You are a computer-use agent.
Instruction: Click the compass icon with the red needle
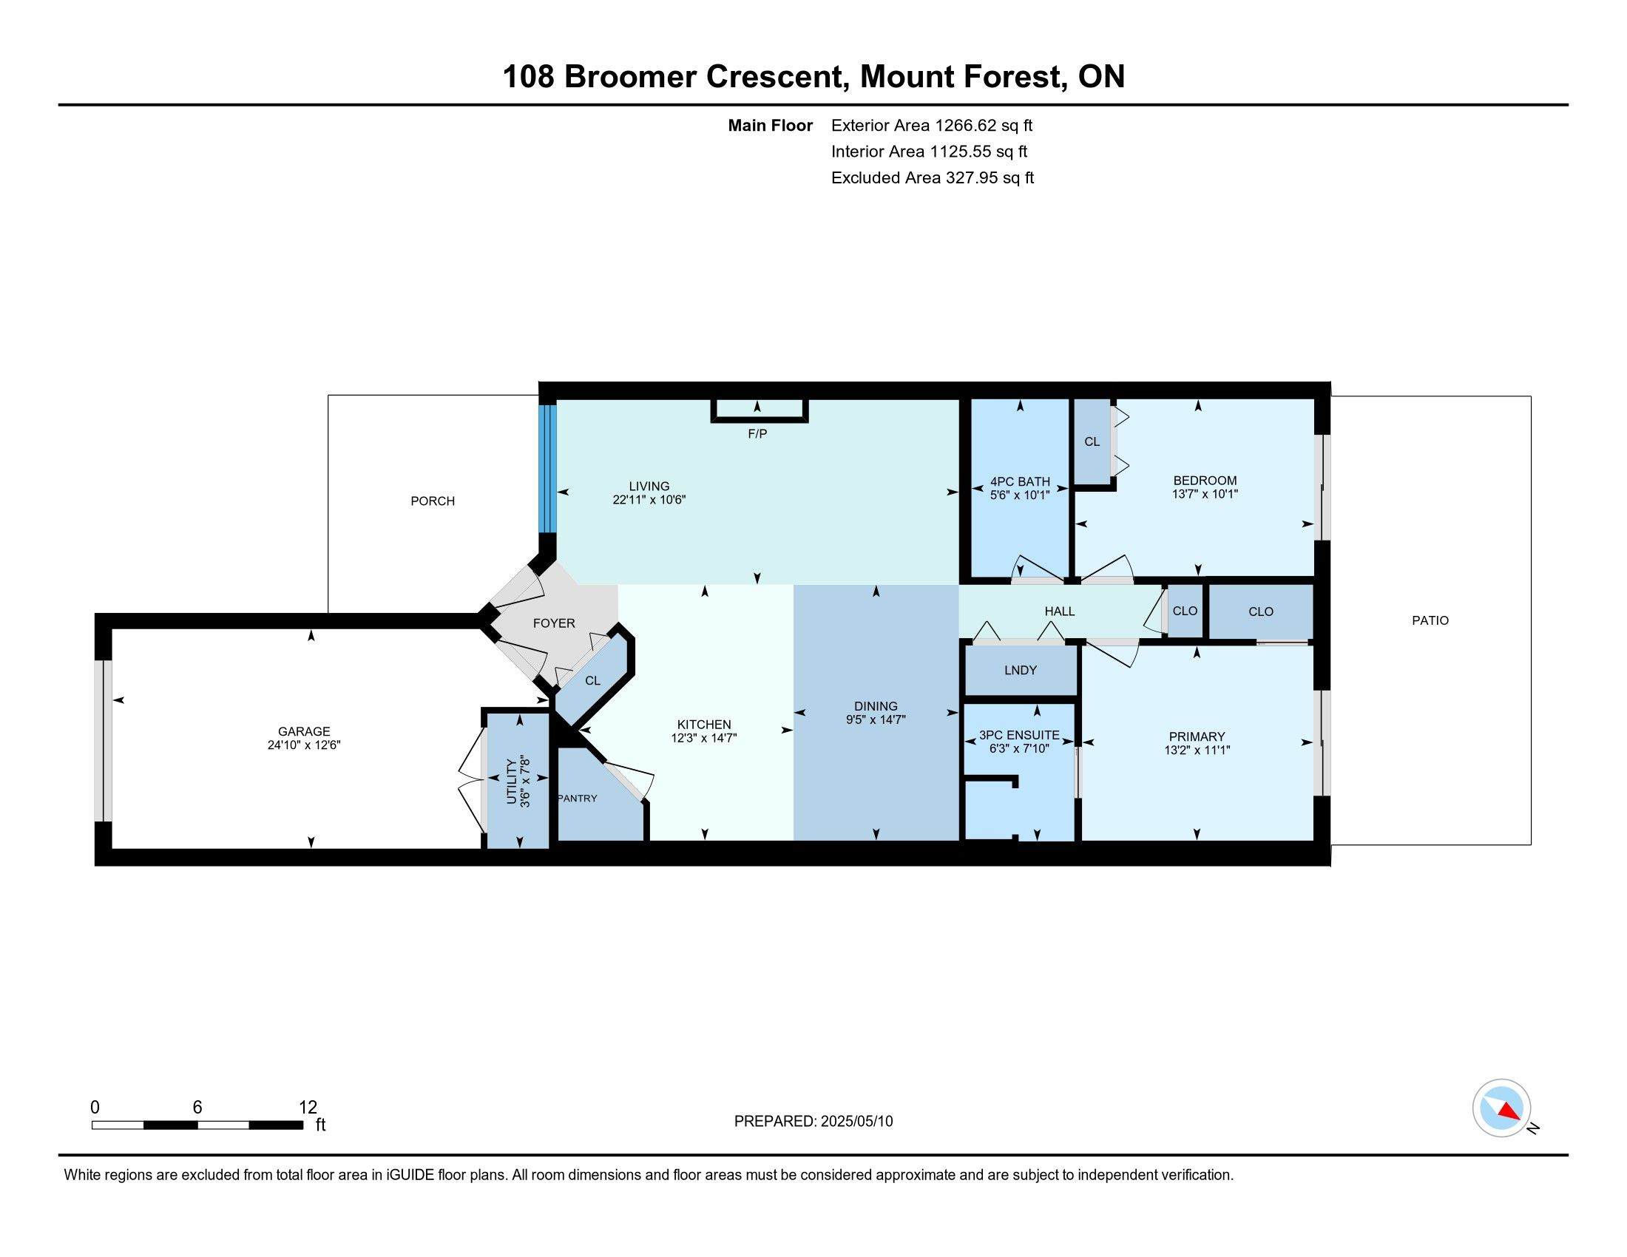(1501, 1108)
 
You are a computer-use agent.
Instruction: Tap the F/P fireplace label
(757, 433)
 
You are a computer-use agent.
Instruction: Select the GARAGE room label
(304, 731)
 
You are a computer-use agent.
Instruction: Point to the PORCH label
(433, 501)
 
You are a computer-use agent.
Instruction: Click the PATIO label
(1430, 620)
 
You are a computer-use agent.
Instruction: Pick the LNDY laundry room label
(1021, 670)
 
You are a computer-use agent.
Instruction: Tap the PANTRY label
(578, 799)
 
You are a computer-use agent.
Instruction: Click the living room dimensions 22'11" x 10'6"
(649, 501)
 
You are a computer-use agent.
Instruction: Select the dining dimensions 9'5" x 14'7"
(876, 720)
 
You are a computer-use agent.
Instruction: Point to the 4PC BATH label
(1020, 482)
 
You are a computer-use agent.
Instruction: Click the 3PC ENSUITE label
(1019, 735)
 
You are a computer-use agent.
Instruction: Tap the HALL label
(1059, 611)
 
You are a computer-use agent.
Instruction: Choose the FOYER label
(554, 623)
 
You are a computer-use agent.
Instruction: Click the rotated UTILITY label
(511, 782)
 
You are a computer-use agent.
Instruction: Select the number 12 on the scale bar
(308, 1108)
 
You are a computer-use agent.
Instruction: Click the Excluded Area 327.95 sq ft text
(933, 178)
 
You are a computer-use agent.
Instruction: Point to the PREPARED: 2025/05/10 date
(813, 1122)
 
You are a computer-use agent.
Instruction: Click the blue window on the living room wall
(547, 468)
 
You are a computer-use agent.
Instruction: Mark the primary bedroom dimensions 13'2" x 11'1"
(1197, 751)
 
